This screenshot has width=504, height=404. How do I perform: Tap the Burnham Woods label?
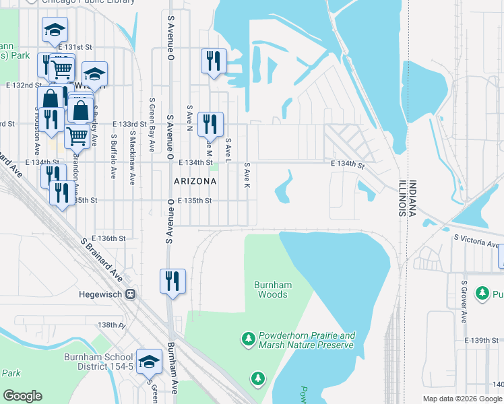[x=272, y=290]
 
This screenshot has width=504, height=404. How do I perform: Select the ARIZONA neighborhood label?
[x=195, y=181]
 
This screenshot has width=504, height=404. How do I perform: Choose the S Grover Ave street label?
[x=464, y=302]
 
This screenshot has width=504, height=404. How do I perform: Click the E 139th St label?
[x=482, y=341]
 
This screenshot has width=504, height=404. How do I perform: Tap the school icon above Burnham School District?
[x=149, y=362]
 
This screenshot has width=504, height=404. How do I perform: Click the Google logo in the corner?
[x=22, y=395]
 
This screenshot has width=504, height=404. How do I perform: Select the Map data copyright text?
[x=462, y=399]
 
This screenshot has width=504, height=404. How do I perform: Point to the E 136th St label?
[x=112, y=238]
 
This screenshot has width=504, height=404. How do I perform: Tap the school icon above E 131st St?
[x=55, y=29]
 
